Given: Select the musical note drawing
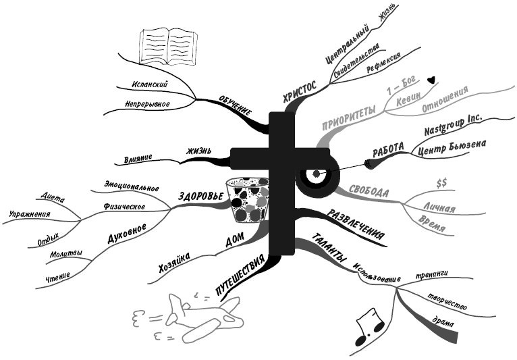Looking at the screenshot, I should [x=370, y=322].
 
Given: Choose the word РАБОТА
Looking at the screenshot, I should [x=388, y=147].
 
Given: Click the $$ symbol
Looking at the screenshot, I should [x=442, y=183].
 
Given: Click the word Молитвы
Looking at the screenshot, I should [x=66, y=255].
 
